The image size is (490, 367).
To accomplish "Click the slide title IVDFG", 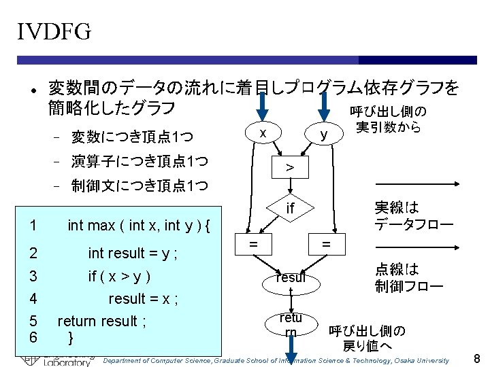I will (x=54, y=31).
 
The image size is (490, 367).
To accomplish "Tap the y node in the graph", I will (x=324, y=135).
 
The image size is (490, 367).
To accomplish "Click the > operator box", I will (x=290, y=167).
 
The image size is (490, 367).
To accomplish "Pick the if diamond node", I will (x=290, y=208).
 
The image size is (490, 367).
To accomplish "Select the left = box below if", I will (x=252, y=243).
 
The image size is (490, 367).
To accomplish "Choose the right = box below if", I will (x=326, y=243).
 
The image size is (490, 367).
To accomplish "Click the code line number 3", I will (x=34, y=276).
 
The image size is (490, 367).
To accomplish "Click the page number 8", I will (x=476, y=357).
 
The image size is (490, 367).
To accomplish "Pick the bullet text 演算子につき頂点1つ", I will (x=140, y=162).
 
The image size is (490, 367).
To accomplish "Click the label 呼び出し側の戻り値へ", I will (x=367, y=338).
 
